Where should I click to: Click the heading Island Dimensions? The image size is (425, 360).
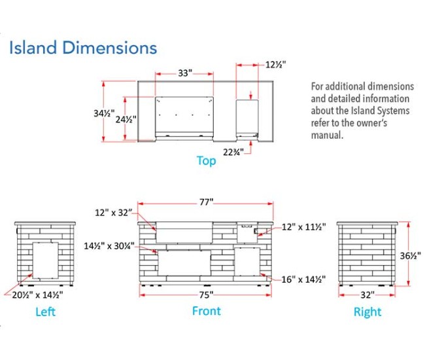click(83, 48)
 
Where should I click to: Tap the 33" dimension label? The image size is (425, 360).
click(185, 73)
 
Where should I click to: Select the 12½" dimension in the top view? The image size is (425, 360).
click(275, 65)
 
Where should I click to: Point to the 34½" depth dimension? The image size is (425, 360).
click(104, 113)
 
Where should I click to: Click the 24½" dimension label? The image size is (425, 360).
click(126, 119)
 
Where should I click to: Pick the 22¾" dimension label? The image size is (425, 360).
click(233, 153)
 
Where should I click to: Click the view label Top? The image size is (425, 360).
click(206, 160)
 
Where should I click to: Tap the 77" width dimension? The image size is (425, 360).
click(206, 202)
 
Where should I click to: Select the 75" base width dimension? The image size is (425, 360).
click(206, 295)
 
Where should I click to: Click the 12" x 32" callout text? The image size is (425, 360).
click(114, 213)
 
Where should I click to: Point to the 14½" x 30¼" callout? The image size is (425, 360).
click(109, 246)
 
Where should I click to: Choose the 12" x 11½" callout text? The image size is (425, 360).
click(304, 226)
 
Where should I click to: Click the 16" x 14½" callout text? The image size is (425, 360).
click(303, 279)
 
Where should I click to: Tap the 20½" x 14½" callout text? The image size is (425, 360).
click(37, 295)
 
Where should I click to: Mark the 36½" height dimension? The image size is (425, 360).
click(411, 255)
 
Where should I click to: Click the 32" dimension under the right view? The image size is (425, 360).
click(367, 295)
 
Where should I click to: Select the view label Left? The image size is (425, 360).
click(46, 312)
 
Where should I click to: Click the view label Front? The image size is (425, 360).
click(206, 311)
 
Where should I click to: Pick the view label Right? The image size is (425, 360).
click(367, 312)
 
